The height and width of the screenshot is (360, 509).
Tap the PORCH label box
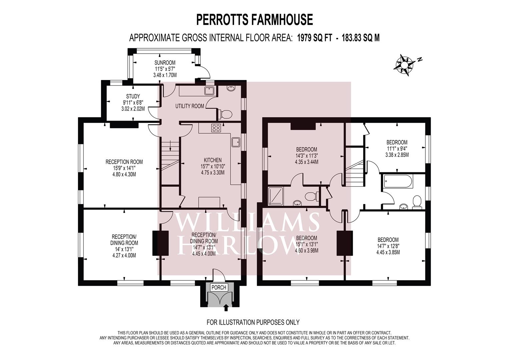pyautogui.click(x=219, y=288)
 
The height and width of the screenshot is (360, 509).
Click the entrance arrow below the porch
pyautogui.click(x=227, y=307)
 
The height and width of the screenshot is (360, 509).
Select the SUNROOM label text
pyautogui.click(x=165, y=63)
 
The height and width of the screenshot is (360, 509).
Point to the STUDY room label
pyautogui.click(x=133, y=96)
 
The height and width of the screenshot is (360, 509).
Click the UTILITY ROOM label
pyautogui.click(x=190, y=106)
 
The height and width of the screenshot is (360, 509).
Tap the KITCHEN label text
pyautogui.click(x=213, y=160)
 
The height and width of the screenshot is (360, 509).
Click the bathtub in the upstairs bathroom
pyautogui.click(x=399, y=182)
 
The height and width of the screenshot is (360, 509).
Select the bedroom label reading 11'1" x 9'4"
pyautogui.click(x=397, y=148)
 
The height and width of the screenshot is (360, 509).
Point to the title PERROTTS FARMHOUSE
pyautogui.click(x=254, y=20)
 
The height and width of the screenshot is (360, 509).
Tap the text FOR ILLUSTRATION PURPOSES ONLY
pyautogui.click(x=253, y=322)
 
